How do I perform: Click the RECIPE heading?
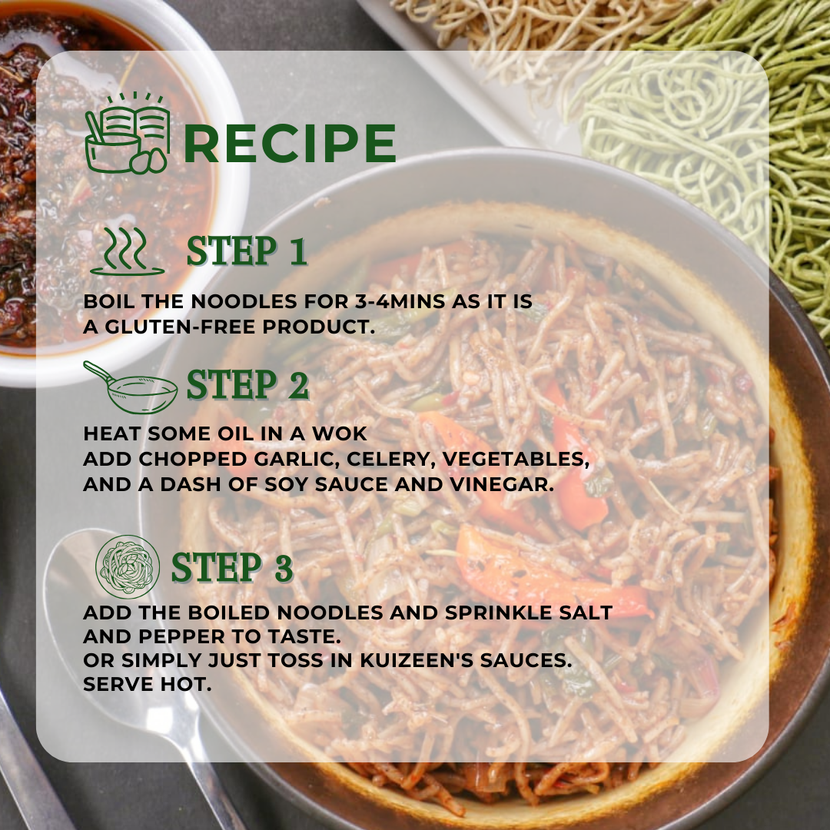[x=290, y=143]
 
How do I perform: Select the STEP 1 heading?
[x=247, y=251]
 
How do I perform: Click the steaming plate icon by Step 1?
[x=127, y=252]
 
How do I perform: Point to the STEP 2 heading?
[x=247, y=385]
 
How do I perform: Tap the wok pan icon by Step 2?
[x=131, y=387]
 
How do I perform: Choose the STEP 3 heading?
[x=232, y=567]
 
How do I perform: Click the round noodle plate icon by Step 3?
[x=128, y=566]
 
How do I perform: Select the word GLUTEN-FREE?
[x=180, y=327]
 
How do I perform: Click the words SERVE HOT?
[x=147, y=684]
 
